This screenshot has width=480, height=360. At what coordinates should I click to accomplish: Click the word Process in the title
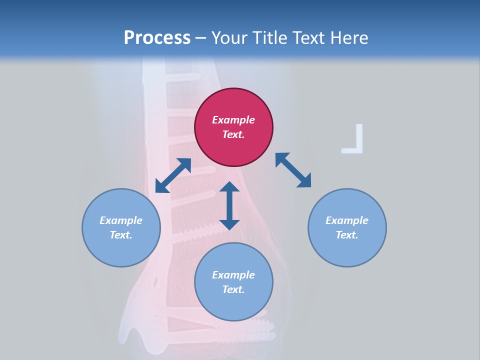pyautogui.click(x=157, y=38)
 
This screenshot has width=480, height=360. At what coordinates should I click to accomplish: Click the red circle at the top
pyautogui.click(x=233, y=127)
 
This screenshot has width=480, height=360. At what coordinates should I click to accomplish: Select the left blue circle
pyautogui.click(x=121, y=227)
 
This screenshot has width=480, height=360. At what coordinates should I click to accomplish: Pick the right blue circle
pyautogui.click(x=347, y=227)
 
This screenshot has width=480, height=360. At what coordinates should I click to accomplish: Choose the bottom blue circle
pyautogui.click(x=233, y=281)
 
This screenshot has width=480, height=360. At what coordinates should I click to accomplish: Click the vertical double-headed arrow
pyautogui.click(x=229, y=205)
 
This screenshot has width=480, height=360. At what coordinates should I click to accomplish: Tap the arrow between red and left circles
pyautogui.click(x=173, y=175)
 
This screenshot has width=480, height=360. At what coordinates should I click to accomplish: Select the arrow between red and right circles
pyautogui.click(x=293, y=170)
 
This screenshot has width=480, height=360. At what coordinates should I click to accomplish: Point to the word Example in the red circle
pyautogui.click(x=233, y=120)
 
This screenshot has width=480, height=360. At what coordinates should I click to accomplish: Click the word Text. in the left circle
pyautogui.click(x=121, y=235)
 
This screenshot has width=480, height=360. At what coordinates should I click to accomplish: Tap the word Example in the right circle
pyautogui.click(x=347, y=220)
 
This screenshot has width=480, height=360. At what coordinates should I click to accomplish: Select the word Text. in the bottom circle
pyautogui.click(x=233, y=289)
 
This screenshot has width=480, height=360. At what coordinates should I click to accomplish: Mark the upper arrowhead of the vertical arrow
pyautogui.click(x=229, y=186)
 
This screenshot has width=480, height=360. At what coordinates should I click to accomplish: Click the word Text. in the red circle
pyautogui.click(x=233, y=134)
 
